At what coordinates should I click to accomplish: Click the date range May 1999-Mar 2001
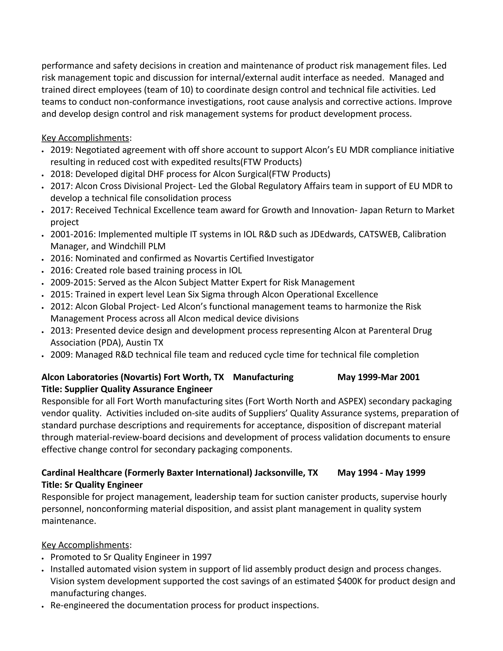pos(378,377)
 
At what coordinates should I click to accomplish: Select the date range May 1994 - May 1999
pos(381,473)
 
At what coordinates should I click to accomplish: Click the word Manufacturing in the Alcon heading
pos(263,377)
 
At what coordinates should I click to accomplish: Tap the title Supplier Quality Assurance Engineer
pos(138,389)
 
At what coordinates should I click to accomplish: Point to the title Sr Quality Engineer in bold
pos(103,485)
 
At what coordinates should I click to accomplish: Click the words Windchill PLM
pos(137,246)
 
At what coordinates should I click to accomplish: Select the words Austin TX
pos(144,343)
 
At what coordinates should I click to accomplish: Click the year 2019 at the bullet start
pos(61,150)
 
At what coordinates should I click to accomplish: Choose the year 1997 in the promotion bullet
pos(202,557)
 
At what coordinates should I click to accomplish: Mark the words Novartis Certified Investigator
pos(254,258)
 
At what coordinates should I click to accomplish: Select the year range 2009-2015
pos(73,283)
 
